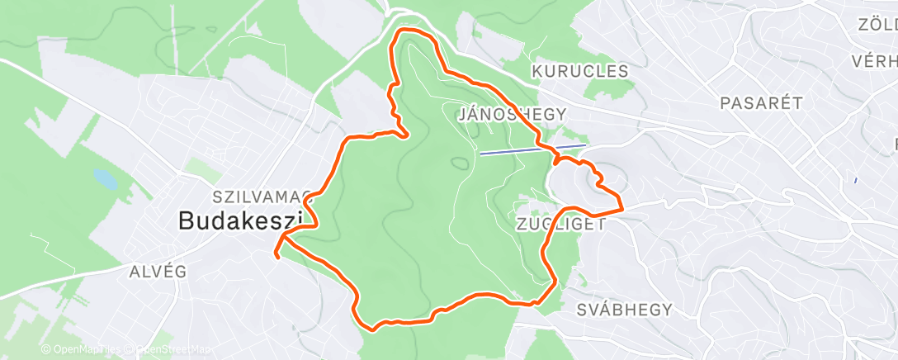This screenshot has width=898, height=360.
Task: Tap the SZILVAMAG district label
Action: tap(262, 197)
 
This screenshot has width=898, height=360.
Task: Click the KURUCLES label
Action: tap(579, 72)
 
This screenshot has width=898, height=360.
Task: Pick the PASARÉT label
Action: tap(761, 103)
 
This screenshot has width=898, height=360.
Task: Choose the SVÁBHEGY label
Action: tap(625, 310)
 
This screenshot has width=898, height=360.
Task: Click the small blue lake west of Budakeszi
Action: tap(105, 177)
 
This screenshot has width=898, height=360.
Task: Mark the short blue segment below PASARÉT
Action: tap(856, 179)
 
